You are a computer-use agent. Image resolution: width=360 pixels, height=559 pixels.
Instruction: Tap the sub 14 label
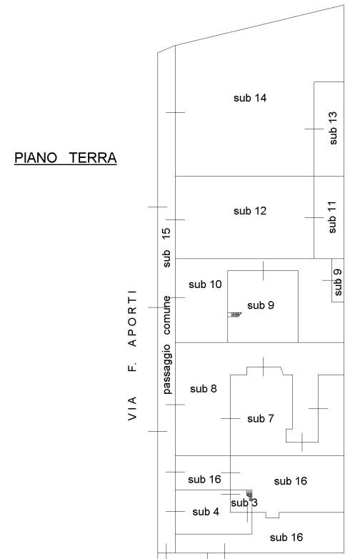point(250,98)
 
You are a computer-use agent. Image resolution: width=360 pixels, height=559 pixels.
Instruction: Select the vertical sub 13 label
point(333,128)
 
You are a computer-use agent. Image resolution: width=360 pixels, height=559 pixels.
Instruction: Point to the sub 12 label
point(250,211)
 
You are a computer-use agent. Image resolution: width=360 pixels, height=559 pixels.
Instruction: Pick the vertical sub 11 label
point(332,217)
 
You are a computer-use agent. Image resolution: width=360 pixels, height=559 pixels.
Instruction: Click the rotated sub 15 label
point(166,247)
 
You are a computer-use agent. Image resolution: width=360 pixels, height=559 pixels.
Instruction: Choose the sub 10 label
point(205,285)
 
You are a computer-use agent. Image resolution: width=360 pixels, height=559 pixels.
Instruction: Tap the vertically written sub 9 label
point(338,282)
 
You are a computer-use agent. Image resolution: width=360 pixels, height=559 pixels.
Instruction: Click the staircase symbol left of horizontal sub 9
point(235,314)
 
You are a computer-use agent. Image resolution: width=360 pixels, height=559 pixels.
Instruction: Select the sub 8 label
point(204,389)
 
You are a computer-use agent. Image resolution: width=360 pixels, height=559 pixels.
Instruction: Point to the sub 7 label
point(261,419)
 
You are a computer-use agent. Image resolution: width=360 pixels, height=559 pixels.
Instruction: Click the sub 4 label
point(206,512)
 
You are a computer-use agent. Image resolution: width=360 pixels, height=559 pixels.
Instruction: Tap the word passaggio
point(166,369)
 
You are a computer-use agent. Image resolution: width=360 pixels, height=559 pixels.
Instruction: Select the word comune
point(166,316)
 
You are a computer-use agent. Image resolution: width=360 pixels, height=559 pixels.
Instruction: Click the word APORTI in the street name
point(132,319)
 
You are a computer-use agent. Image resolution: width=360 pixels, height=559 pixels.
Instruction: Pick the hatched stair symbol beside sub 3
point(249,493)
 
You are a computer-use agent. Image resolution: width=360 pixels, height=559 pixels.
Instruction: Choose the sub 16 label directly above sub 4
point(204,479)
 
